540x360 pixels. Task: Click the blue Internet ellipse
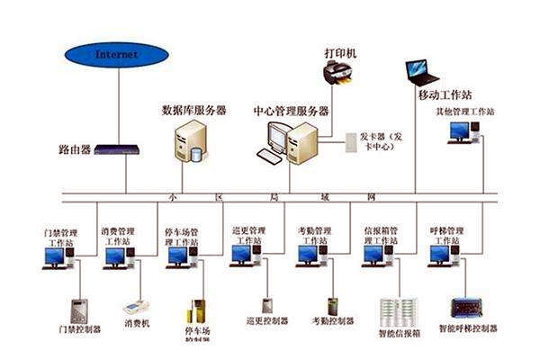117,54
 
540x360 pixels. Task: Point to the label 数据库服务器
193,111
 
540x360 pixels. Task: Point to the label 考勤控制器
331,320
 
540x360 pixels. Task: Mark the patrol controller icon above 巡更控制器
267,305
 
